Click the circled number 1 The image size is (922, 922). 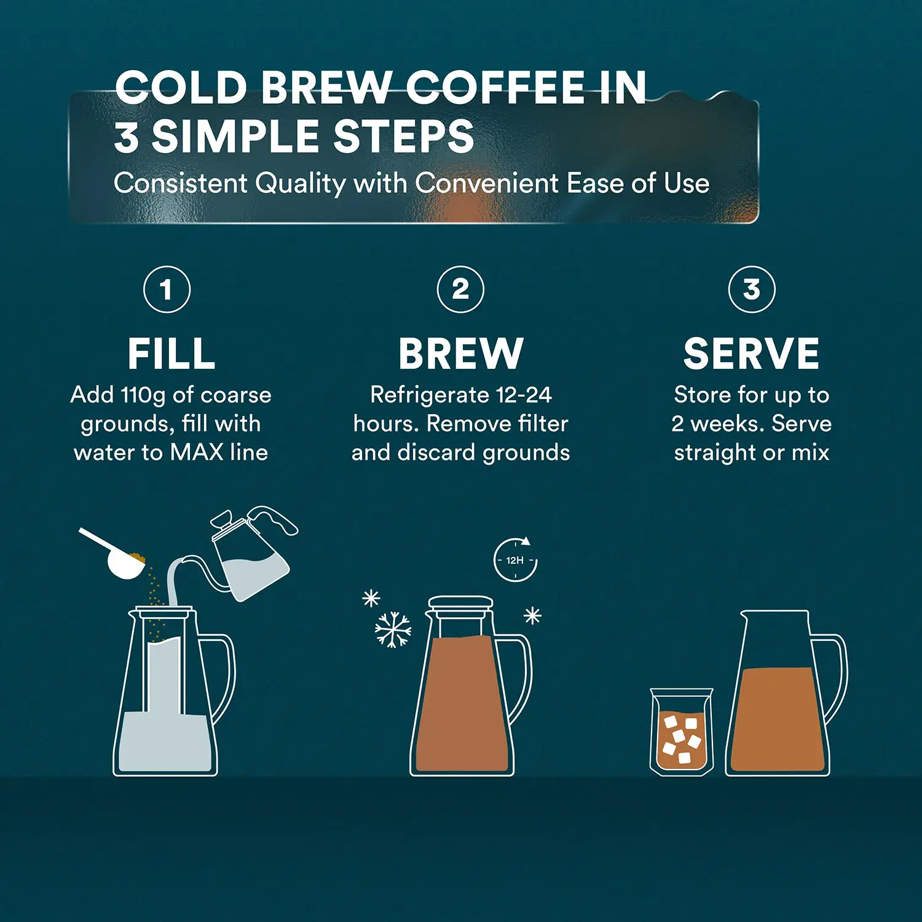[167, 290]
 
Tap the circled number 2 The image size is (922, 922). [460, 290]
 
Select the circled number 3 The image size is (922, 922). [751, 290]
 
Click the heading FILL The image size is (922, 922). [171, 354]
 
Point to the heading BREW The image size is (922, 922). [460, 354]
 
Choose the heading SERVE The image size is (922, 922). [751, 354]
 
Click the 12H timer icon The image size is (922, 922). [515, 560]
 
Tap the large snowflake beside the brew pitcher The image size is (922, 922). [393, 629]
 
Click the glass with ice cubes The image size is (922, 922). [682, 733]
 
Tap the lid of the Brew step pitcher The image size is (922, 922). [460, 602]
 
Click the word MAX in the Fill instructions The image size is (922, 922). [196, 453]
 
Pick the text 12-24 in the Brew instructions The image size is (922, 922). [524, 395]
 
